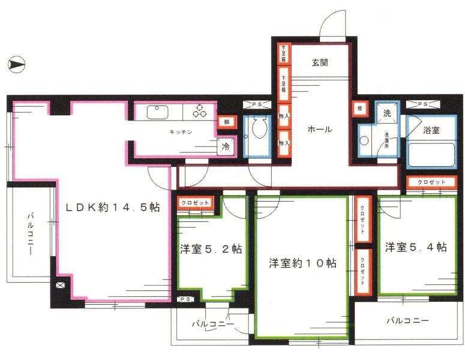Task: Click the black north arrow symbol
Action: point(17,63)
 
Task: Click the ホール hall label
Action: point(319,129)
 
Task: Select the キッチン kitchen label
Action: point(179,133)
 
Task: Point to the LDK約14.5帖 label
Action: point(112,208)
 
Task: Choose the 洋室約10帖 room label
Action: point(302,263)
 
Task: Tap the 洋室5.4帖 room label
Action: point(416,247)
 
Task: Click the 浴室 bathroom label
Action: point(431,130)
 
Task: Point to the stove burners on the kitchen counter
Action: point(199,112)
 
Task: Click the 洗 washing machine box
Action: point(387,112)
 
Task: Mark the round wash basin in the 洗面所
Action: point(364,142)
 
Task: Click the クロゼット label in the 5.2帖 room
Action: point(195,203)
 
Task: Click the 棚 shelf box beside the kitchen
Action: point(222,122)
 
